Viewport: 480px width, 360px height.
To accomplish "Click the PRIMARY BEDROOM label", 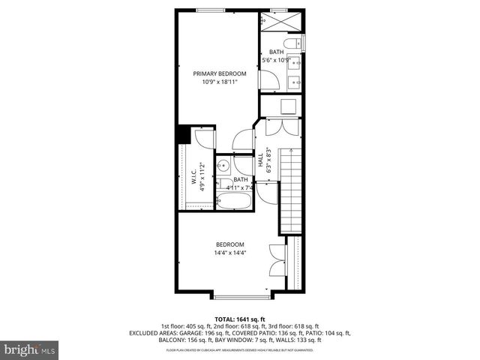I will pos(219,73).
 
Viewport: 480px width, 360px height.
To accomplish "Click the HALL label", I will pos(261,160).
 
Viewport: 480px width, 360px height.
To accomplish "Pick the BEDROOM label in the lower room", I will pos(230,244).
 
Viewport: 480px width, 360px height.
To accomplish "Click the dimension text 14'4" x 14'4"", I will pos(230,253).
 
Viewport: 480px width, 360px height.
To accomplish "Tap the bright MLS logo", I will pos(30,349).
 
